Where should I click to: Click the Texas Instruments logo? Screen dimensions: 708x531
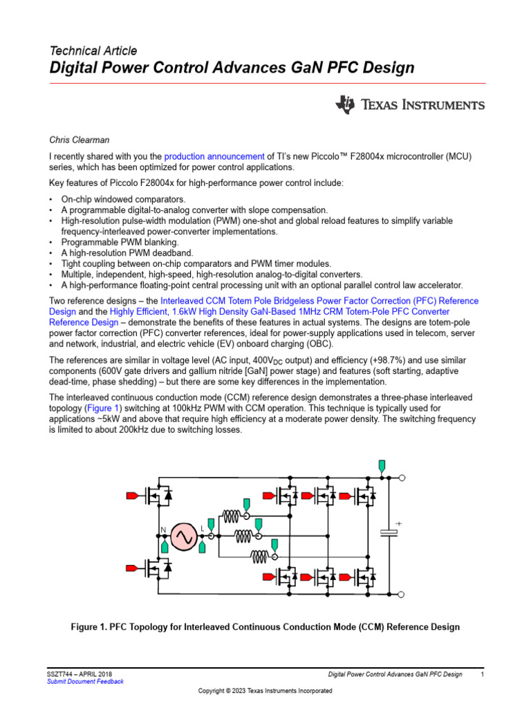410,105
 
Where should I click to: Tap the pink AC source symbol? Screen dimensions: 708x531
185,537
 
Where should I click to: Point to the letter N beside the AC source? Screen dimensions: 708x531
164,530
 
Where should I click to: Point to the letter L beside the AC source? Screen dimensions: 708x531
203,530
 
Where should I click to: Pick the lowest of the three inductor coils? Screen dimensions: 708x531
261,556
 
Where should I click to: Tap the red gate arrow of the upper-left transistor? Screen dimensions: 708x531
132,495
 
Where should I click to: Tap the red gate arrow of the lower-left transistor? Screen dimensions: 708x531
132,568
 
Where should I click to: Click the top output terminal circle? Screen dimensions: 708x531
402,478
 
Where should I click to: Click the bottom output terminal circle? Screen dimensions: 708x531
402,593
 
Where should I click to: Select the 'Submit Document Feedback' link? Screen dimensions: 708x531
85,682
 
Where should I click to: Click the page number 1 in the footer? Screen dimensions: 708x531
481,673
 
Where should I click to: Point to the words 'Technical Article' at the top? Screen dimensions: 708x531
93,50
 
